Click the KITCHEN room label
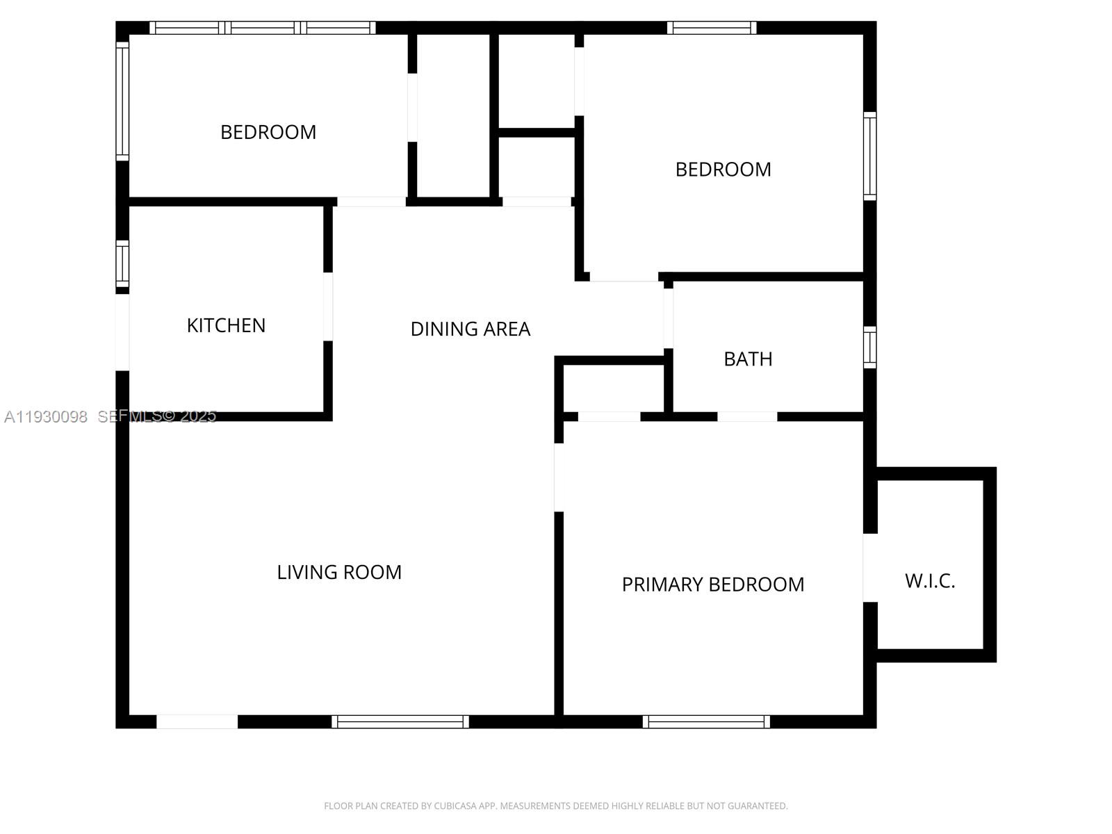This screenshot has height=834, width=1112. pyautogui.click(x=226, y=325)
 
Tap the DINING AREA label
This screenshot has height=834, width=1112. pyautogui.click(x=470, y=329)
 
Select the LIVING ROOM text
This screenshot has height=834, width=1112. pyautogui.click(x=339, y=572)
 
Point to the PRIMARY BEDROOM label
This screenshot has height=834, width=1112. pyautogui.click(x=712, y=584)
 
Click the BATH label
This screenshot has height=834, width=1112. pyautogui.click(x=748, y=359)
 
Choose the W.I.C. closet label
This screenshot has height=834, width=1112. pyautogui.click(x=930, y=581)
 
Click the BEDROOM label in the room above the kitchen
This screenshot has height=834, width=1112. pyautogui.click(x=268, y=132)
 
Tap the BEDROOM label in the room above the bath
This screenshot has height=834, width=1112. pyautogui.click(x=723, y=170)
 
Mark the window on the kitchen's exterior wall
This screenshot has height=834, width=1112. pyautogui.click(x=122, y=263)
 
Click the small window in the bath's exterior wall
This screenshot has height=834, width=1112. pyautogui.click(x=869, y=347)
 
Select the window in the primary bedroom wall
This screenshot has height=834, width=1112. pyautogui.click(x=706, y=721)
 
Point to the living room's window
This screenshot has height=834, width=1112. pyautogui.click(x=400, y=721)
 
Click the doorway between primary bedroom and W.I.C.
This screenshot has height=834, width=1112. pyautogui.click(x=869, y=568)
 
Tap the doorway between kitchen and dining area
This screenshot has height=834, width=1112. pyautogui.click(x=328, y=306)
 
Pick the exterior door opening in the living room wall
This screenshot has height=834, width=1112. pyautogui.click(x=197, y=721)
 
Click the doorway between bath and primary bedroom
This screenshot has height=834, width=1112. pyautogui.click(x=747, y=416)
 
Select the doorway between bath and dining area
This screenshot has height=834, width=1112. pyautogui.click(x=668, y=318)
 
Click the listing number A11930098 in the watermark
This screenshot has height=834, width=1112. pyautogui.click(x=46, y=416)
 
